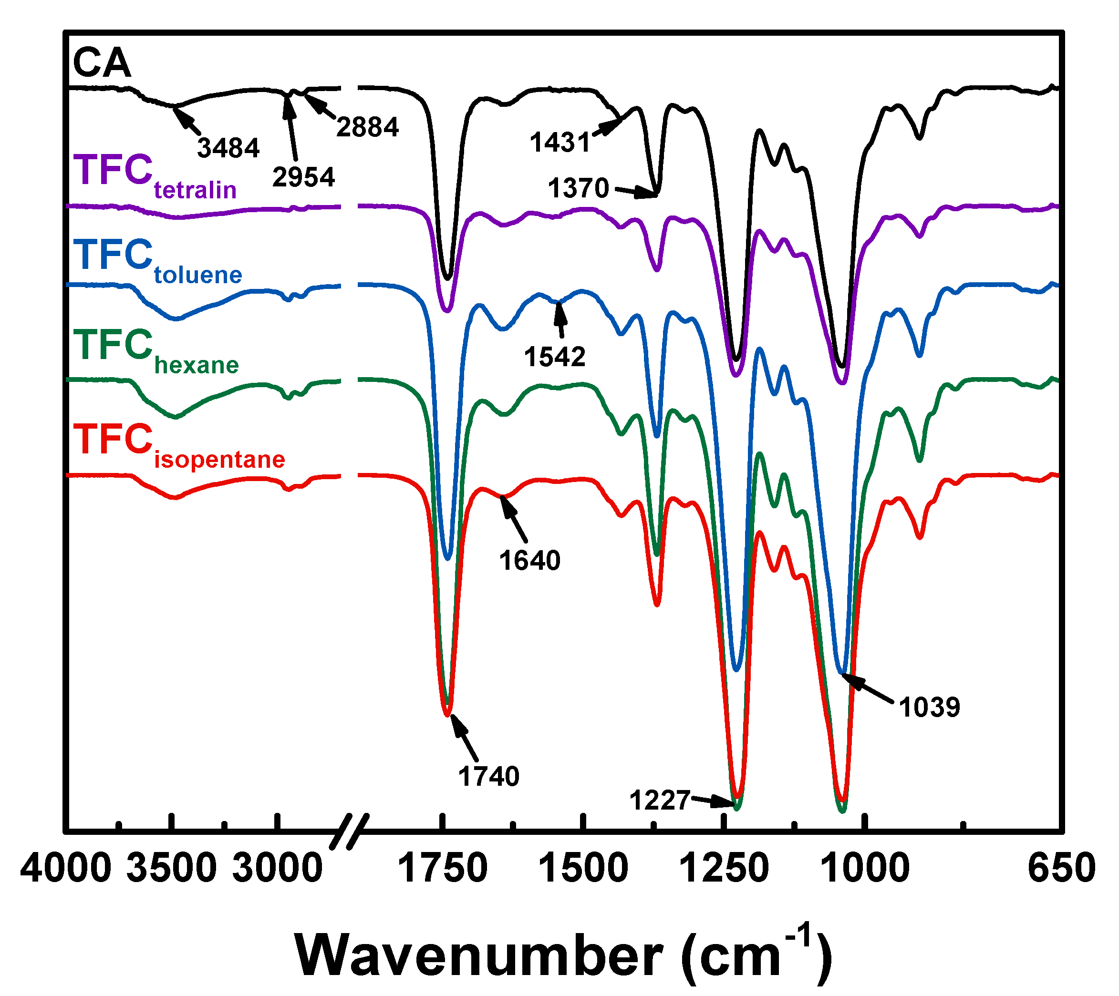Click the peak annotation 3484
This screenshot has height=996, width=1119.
click(228, 148)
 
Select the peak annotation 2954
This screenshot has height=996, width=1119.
click(303, 177)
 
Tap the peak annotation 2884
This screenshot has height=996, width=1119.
click(367, 127)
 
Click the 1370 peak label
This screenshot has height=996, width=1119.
click(578, 188)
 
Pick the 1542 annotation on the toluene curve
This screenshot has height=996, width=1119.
click(555, 357)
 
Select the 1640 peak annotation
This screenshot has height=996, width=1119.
click(529, 560)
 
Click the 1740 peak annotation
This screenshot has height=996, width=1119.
click(488, 776)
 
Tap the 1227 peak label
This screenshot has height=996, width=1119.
click(659, 800)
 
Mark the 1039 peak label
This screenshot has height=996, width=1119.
click(929, 707)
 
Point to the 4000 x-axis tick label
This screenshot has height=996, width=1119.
click(66, 868)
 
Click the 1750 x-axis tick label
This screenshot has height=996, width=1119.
click(442, 868)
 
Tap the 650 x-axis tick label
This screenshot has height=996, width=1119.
click(1061, 868)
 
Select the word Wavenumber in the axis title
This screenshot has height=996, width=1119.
click(478, 955)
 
